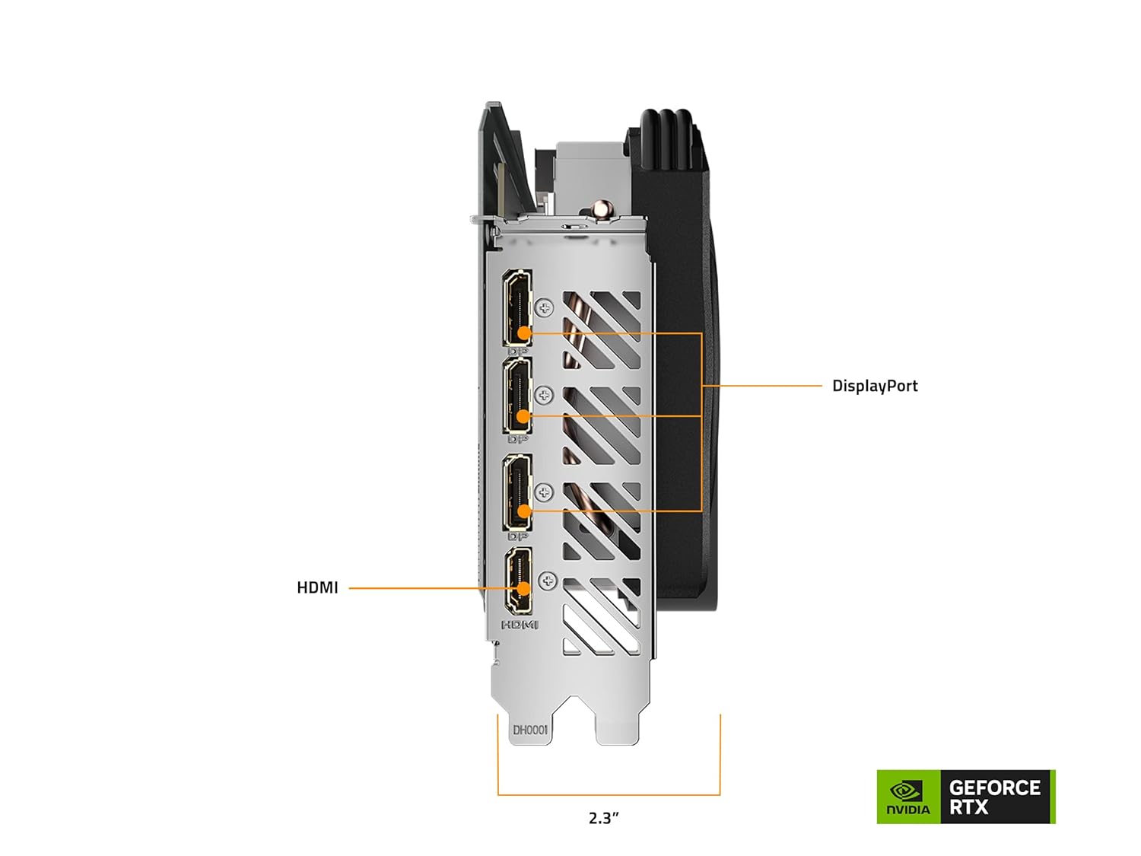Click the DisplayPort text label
[875, 386]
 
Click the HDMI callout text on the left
[317, 587]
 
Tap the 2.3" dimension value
[604, 818]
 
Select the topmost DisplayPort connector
[517, 308]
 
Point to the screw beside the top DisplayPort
[543, 307]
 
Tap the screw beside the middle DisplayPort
[543, 395]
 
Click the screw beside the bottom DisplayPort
[544, 492]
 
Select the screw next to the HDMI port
[547, 581]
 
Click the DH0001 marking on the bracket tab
[529, 730]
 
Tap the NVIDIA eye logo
[907, 791]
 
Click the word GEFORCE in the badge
[994, 788]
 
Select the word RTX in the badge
[968, 807]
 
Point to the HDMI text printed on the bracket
[520, 625]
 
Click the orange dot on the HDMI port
[523, 588]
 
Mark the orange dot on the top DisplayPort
[524, 333]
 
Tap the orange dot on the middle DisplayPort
[523, 416]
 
